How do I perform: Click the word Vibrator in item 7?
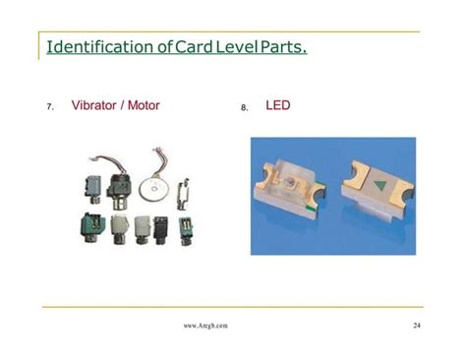coord(95,104)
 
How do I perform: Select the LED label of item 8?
coord(278,104)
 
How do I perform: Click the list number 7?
coord(50,106)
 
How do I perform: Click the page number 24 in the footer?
coord(418,325)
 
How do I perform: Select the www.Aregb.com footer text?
coord(205,325)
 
